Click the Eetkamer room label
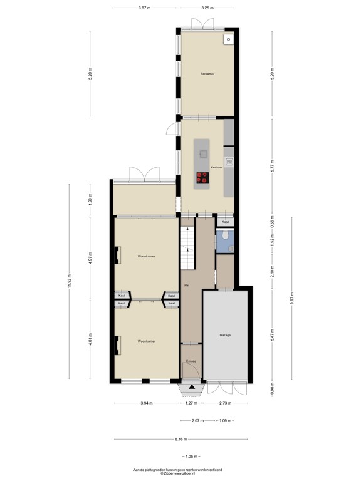click(x=207, y=74)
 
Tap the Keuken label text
click(x=217, y=167)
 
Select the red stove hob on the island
click(x=202, y=178)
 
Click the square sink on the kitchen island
click(x=202, y=153)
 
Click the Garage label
click(x=226, y=336)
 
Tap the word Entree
click(x=191, y=361)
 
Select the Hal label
click(x=187, y=285)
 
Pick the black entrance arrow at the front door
click(x=191, y=390)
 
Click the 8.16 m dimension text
click(x=180, y=439)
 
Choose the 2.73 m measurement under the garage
click(x=226, y=404)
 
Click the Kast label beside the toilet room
click(x=226, y=222)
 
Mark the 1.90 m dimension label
click(x=91, y=200)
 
